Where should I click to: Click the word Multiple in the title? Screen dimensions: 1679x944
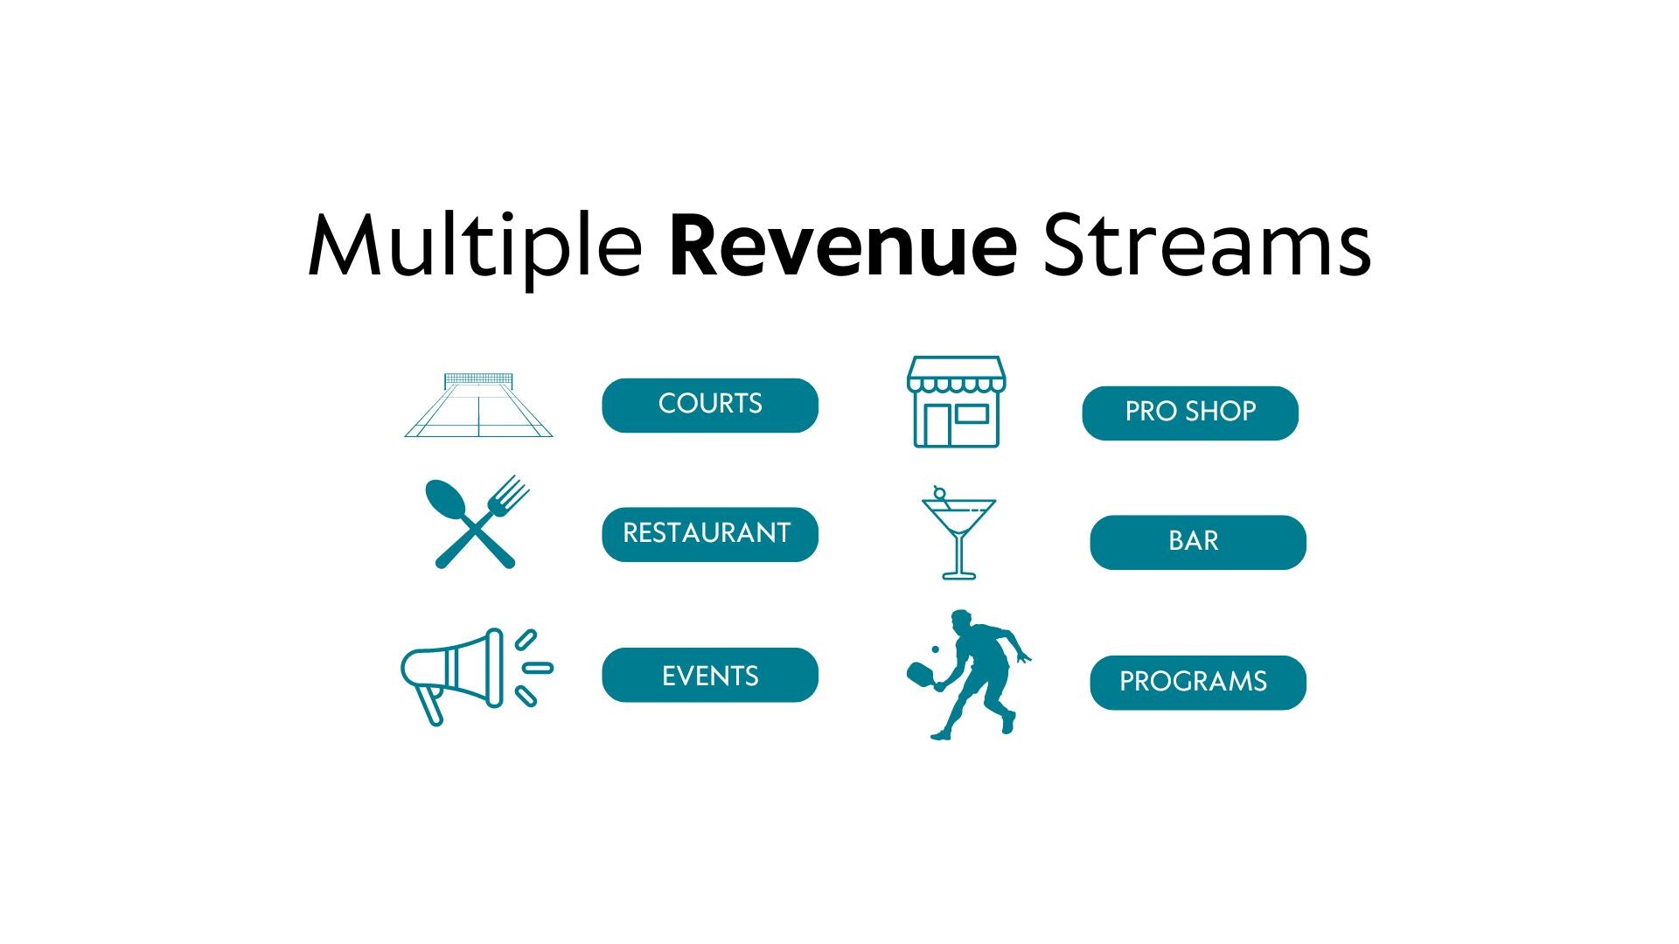pyautogui.click(x=475, y=246)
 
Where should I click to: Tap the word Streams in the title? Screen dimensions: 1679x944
pyautogui.click(x=1207, y=246)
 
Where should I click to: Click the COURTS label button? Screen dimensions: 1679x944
pyautogui.click(x=710, y=405)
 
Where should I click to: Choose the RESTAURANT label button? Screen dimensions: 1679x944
pyautogui.click(x=710, y=534)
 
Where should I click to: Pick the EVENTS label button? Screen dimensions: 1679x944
pyautogui.click(x=710, y=675)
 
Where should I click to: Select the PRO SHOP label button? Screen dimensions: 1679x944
pyautogui.click(x=1190, y=413)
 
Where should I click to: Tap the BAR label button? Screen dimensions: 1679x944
pyautogui.click(x=1198, y=542)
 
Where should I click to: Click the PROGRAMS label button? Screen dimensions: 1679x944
pyautogui.click(x=1198, y=683)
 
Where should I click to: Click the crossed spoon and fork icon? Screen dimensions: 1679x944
pyautogui.click(x=477, y=523)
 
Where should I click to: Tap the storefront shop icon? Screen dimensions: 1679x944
pyautogui.click(x=956, y=402)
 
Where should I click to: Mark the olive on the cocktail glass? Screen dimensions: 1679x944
pyautogui.click(x=939, y=493)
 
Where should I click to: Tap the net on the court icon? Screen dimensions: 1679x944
pyautogui.click(x=478, y=380)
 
